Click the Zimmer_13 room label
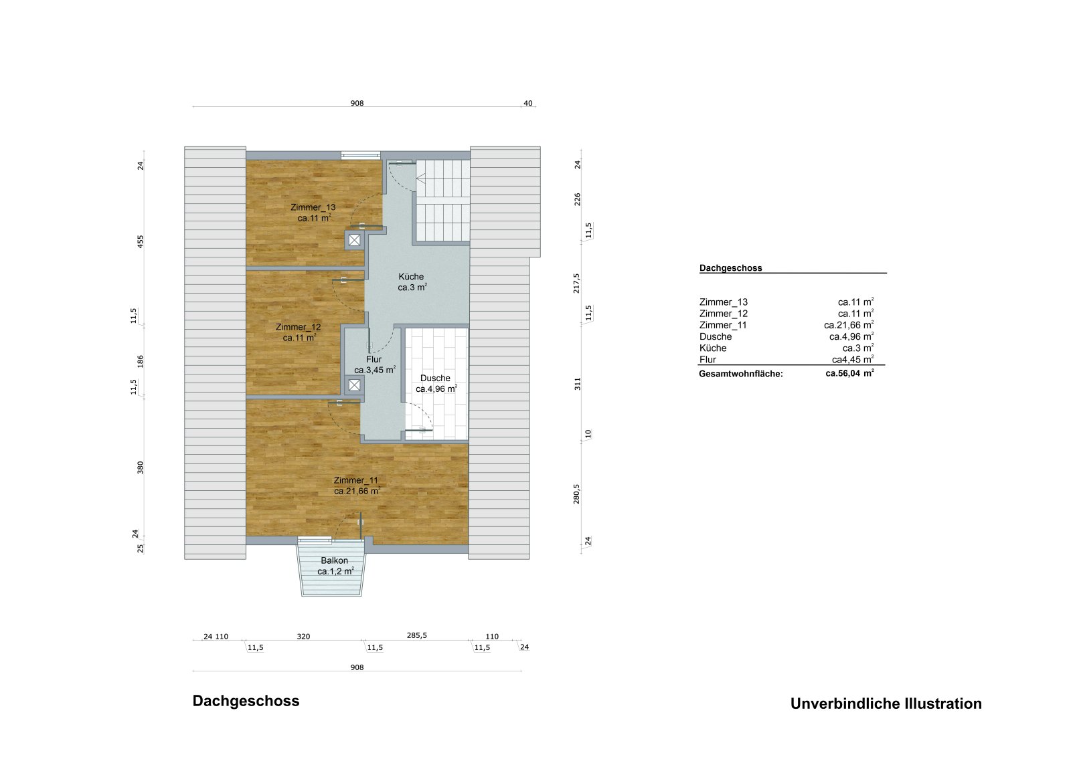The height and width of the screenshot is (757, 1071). (x=313, y=207)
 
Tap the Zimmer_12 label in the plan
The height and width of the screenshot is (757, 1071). (x=298, y=327)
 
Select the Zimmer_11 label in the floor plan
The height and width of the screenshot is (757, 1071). (x=355, y=480)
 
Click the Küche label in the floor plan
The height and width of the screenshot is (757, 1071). (x=411, y=277)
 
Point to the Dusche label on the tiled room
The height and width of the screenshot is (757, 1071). (x=435, y=378)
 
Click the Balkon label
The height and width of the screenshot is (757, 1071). (x=334, y=560)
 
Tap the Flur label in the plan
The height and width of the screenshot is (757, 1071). (x=374, y=360)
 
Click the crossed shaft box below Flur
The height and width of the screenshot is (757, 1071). (x=354, y=385)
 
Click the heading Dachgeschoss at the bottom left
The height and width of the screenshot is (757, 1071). (x=246, y=701)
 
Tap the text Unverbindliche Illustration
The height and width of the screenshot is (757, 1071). (x=886, y=704)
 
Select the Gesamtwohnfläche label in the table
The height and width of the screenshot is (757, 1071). (x=740, y=374)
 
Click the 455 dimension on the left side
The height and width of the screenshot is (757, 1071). (x=141, y=241)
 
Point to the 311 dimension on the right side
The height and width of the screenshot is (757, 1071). (x=578, y=384)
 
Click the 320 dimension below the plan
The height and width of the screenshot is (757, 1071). (x=303, y=636)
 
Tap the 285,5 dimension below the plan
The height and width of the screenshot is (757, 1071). (x=416, y=635)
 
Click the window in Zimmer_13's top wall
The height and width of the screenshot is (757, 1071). (x=360, y=155)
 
